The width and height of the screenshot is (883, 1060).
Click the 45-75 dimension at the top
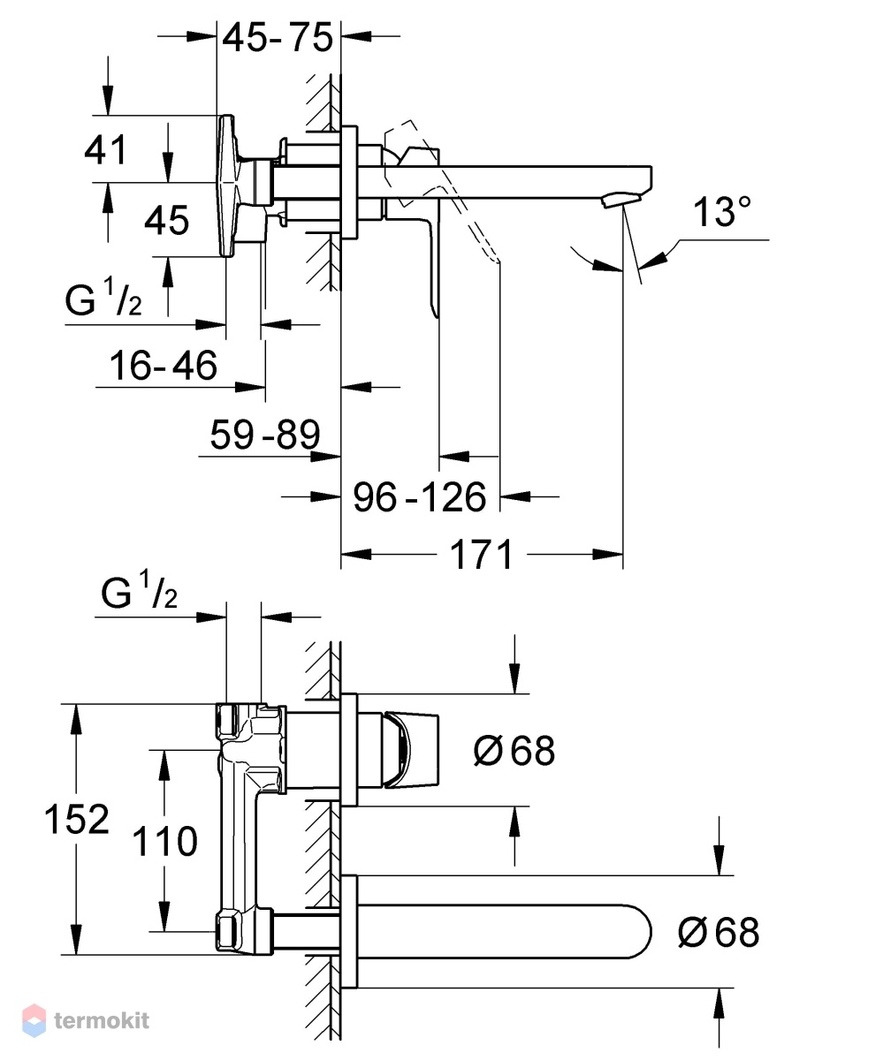(x=278, y=37)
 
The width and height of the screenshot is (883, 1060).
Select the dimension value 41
(x=105, y=150)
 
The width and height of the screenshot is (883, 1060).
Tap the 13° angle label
(x=722, y=212)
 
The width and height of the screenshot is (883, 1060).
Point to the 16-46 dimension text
(x=164, y=366)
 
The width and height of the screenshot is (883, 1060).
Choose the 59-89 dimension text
(x=265, y=435)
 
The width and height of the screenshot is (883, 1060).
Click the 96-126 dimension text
(x=420, y=497)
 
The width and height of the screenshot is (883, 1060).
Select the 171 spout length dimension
(x=481, y=555)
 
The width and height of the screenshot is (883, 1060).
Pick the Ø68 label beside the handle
(x=514, y=750)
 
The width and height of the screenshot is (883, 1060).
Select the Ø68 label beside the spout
(x=719, y=933)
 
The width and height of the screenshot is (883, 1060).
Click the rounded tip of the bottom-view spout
(x=650, y=932)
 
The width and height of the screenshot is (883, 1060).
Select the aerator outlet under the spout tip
(x=620, y=199)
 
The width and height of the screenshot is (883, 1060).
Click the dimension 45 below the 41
(x=167, y=220)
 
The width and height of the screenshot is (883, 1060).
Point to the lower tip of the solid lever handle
(x=436, y=316)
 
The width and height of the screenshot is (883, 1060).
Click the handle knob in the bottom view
(x=410, y=751)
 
